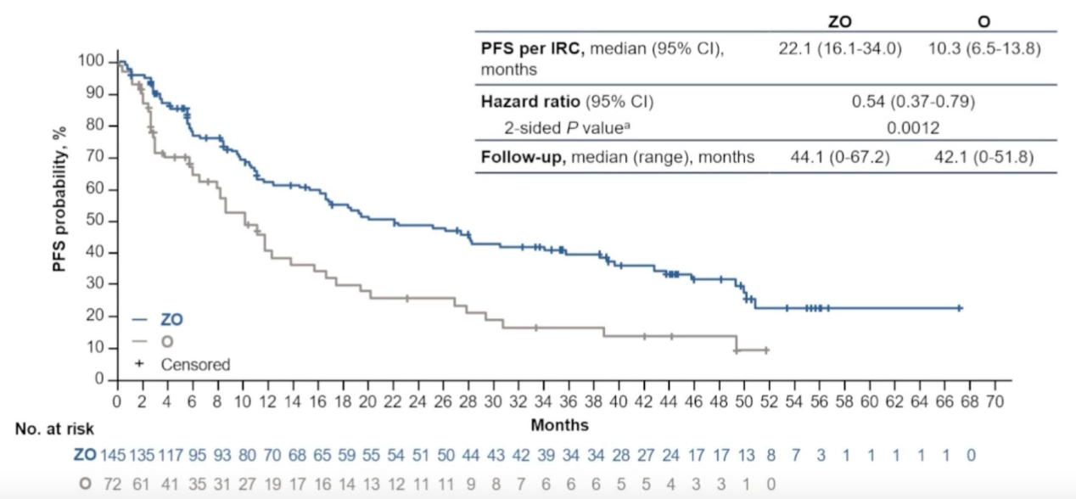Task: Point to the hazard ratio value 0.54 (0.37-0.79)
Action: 913,102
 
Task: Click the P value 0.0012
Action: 913,129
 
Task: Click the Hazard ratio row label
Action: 567,102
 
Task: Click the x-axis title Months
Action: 559,423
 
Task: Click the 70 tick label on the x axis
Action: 995,399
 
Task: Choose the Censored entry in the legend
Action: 195,365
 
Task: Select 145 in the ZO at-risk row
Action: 113,456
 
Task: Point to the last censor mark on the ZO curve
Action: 960,308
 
